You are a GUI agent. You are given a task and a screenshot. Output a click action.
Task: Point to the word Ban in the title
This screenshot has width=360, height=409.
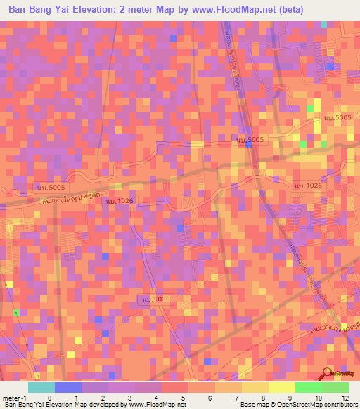(x=19, y=10)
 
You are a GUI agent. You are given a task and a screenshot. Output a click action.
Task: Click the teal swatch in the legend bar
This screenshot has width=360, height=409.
(x=41, y=387)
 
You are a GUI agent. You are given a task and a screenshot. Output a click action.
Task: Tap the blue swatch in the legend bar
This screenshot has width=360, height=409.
(x=68, y=387)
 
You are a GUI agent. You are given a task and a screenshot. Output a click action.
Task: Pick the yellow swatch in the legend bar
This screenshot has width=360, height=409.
(x=282, y=387)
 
